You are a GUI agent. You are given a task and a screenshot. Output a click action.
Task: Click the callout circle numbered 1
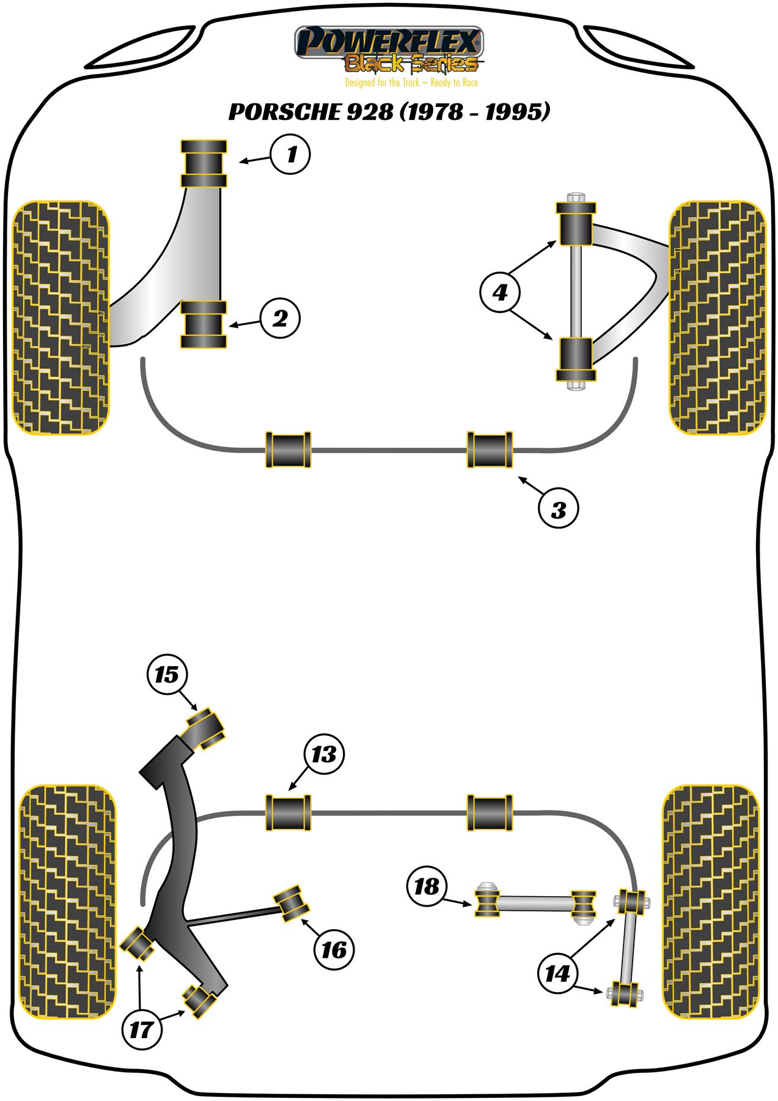[x=290, y=155]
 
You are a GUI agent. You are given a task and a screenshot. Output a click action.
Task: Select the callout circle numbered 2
[x=280, y=318]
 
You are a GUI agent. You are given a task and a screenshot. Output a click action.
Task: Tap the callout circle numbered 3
[x=558, y=509]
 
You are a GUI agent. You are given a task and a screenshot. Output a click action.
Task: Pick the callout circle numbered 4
[x=501, y=292]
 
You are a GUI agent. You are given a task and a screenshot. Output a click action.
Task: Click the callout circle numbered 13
[x=324, y=754]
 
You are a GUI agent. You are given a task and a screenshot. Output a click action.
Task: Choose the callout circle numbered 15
[x=167, y=675]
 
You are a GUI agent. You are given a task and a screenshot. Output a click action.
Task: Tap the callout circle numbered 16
[x=334, y=950]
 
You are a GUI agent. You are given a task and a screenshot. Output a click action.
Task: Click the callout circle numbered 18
[x=427, y=886]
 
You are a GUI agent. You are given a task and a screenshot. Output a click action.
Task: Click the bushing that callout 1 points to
[x=204, y=163]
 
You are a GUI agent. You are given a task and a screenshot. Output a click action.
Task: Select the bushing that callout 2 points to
[x=204, y=325]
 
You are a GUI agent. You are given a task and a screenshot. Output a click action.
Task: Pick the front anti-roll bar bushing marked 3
[x=490, y=450]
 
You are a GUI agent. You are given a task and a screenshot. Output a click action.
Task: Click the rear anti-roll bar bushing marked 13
[x=288, y=813]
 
